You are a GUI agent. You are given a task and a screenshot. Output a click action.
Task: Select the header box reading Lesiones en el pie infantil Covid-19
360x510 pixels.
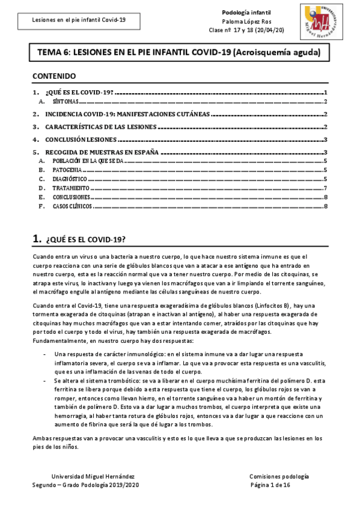click(x=79, y=20)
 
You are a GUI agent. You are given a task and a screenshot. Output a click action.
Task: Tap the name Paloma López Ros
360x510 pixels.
click(x=246, y=20)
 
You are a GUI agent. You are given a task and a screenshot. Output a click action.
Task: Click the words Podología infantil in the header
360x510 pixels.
click(x=246, y=12)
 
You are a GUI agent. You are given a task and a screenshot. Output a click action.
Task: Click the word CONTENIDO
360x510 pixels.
click(x=54, y=76)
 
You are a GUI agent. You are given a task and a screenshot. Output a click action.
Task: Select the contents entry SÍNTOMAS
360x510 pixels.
click(x=61, y=103)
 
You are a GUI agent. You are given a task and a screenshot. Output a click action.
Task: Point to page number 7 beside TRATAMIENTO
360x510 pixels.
click(x=325, y=188)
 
